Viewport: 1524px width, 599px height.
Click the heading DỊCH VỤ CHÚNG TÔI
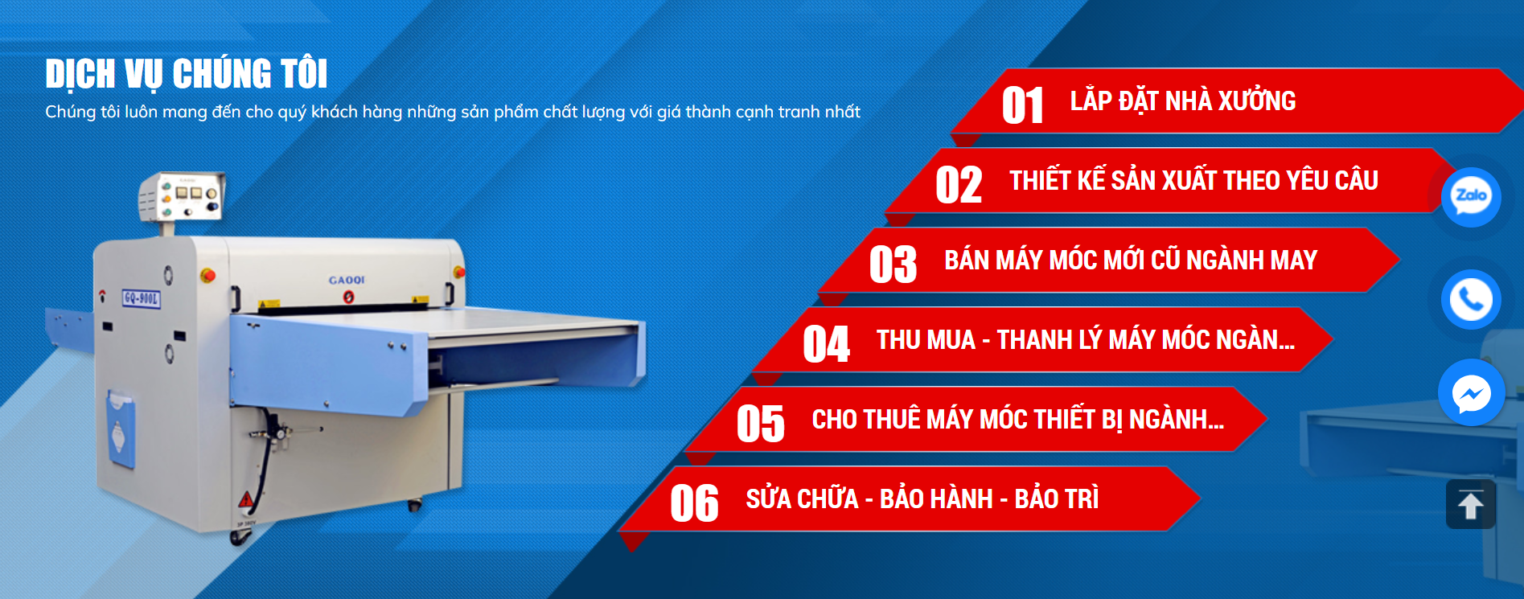tap(187, 74)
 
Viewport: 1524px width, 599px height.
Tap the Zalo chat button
tap(1471, 196)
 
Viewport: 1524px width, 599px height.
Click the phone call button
tap(1471, 299)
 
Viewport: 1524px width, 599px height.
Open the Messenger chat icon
tap(1471, 393)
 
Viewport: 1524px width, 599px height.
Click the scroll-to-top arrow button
tap(1470, 505)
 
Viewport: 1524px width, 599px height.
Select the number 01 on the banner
tap(1022, 106)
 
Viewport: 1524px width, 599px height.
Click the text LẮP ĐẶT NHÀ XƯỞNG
tap(1182, 101)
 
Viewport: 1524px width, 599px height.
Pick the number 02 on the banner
tap(958, 185)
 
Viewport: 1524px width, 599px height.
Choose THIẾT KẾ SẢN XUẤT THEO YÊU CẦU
tap(1193, 181)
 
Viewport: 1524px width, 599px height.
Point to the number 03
tap(893, 265)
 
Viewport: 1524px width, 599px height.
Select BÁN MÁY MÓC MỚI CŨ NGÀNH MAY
tap(1130, 261)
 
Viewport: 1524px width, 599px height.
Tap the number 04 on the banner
tap(826, 344)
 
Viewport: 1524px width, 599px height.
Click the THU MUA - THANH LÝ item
tap(1085, 340)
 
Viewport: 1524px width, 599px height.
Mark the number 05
tap(760, 424)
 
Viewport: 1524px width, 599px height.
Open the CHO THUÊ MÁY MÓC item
tap(1017, 420)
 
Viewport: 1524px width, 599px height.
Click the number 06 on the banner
tap(694, 503)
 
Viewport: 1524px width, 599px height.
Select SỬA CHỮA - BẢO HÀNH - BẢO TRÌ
tap(922, 499)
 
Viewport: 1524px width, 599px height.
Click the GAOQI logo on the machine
tap(347, 280)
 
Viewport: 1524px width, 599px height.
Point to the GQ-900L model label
tap(142, 299)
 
